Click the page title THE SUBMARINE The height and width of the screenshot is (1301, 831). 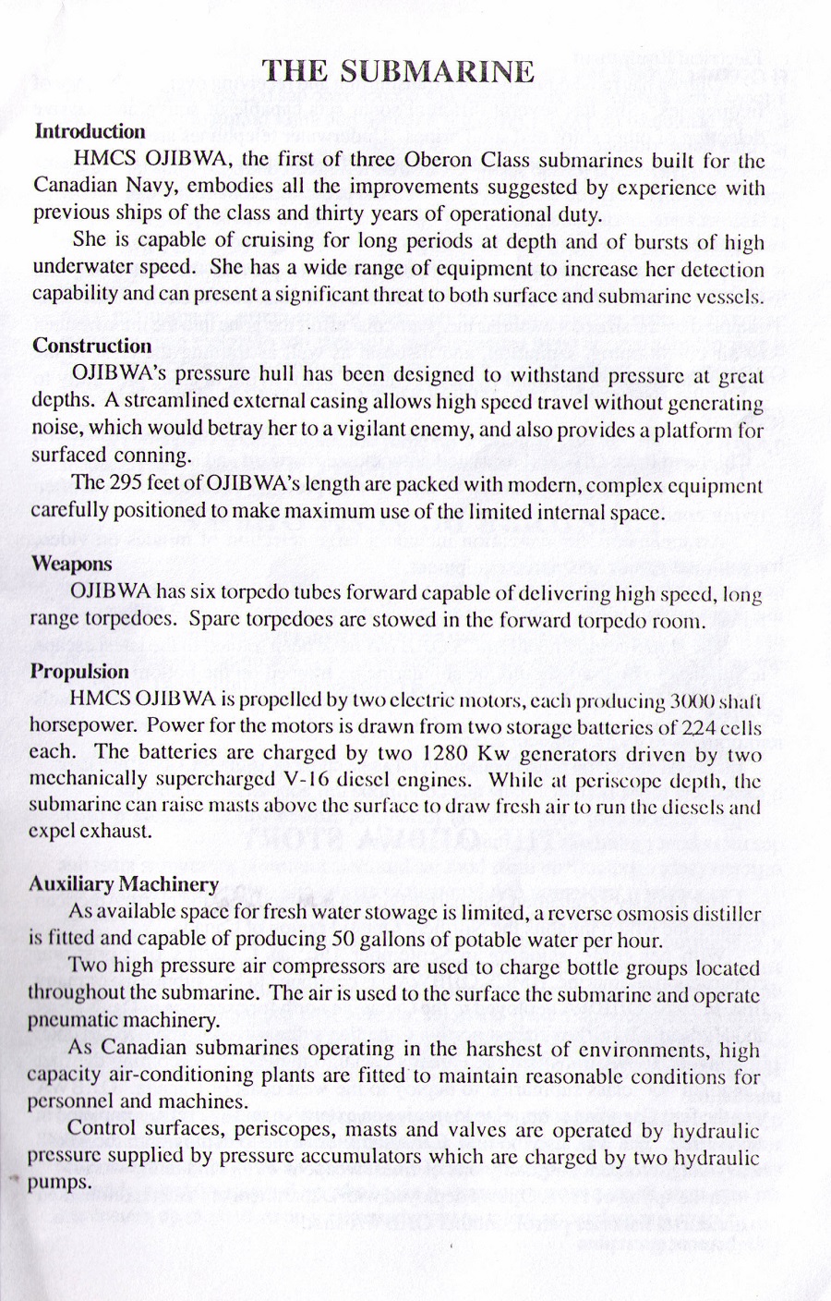click(398, 71)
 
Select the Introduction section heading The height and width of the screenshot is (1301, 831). click(90, 131)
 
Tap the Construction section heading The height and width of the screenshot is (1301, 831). click(92, 346)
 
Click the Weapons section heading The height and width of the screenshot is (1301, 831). click(71, 563)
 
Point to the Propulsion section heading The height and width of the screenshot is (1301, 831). click(79, 671)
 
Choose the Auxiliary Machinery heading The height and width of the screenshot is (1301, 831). click(124, 883)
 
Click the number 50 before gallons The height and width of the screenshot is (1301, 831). click(341, 940)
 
